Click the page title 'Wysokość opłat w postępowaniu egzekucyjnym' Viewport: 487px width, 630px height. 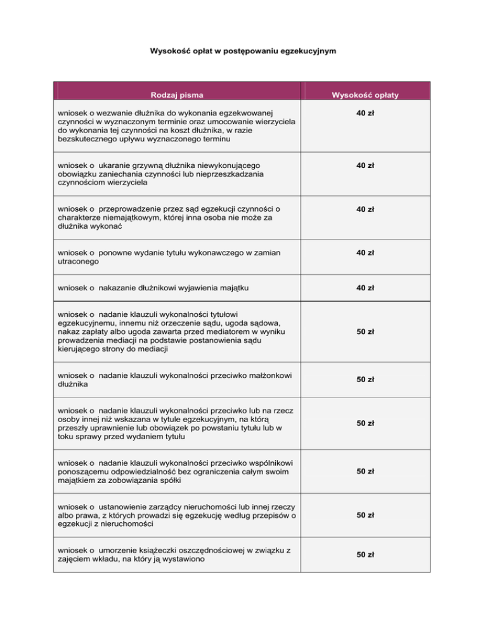pyautogui.click(x=243, y=50)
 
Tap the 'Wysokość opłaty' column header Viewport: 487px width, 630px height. pyautogui.click(x=365, y=96)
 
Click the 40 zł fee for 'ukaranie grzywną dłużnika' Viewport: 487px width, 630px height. pyautogui.click(x=365, y=165)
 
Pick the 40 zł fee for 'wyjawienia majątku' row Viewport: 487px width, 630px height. pyautogui.click(x=365, y=288)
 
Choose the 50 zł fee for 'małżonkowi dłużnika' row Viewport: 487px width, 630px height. pyautogui.click(x=365, y=380)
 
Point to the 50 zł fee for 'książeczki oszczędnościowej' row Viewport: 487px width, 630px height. pyautogui.click(x=365, y=555)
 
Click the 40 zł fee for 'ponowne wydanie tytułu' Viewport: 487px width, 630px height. pyautogui.click(x=365, y=253)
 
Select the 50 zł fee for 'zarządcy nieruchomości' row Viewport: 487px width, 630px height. pyautogui.click(x=365, y=515)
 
